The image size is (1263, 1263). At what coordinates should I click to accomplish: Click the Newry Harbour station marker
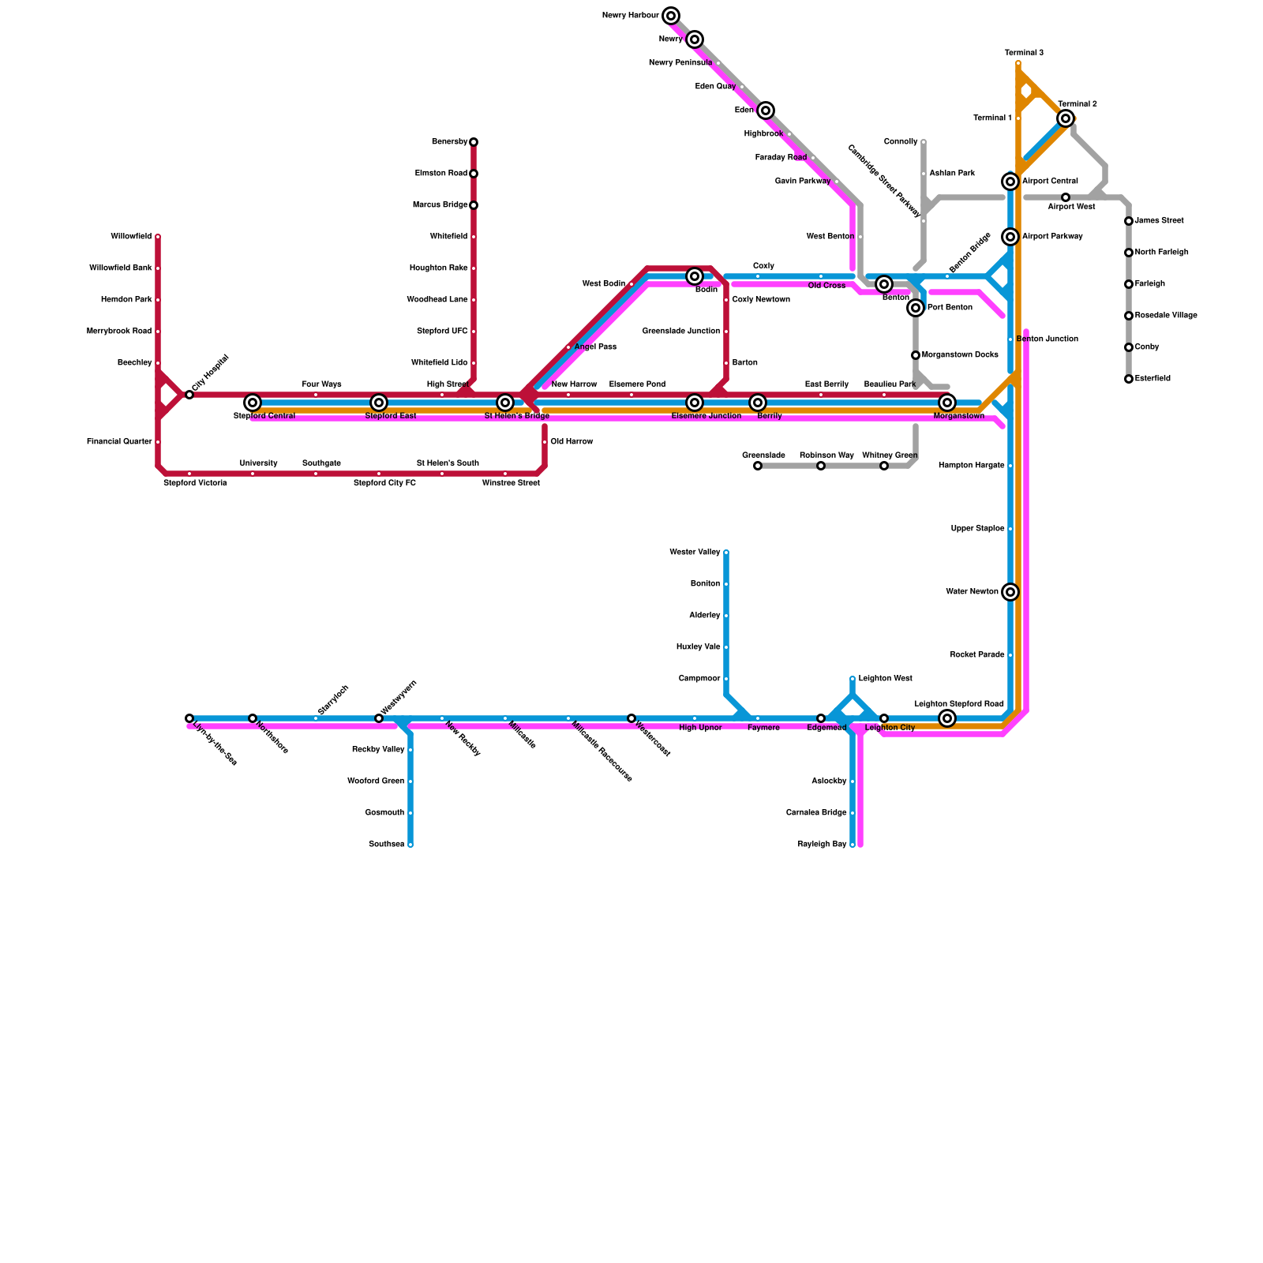tap(671, 16)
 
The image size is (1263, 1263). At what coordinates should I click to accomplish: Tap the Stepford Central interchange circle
tap(253, 403)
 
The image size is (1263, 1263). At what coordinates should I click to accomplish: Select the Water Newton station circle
tap(1010, 592)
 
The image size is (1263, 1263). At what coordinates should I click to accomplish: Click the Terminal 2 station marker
tap(1066, 118)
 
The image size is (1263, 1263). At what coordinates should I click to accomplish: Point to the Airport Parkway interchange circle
tap(1010, 237)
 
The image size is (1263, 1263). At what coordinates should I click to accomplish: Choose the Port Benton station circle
tap(916, 308)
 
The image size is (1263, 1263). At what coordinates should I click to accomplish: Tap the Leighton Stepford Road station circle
tap(947, 718)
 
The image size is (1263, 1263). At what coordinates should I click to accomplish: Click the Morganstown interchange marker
tap(947, 403)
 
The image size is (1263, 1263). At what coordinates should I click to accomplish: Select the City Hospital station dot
tap(189, 395)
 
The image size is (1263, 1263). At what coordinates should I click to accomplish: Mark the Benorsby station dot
tap(474, 142)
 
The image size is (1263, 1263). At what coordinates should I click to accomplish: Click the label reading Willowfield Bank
tap(121, 268)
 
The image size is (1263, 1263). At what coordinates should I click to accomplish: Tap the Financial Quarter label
tap(119, 442)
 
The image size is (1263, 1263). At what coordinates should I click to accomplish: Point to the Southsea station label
tap(386, 845)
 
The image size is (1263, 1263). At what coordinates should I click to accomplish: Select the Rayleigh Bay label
tap(822, 845)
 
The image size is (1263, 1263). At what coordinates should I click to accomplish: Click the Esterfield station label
tap(1152, 379)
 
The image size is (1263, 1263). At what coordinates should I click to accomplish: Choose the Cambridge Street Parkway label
tap(884, 181)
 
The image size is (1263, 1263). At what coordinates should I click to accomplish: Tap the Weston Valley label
tap(695, 553)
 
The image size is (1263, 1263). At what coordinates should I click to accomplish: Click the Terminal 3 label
tap(1024, 53)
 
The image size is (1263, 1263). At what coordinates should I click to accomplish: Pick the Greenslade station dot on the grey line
tap(758, 466)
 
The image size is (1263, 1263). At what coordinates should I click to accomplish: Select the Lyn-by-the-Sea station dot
tap(189, 718)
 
